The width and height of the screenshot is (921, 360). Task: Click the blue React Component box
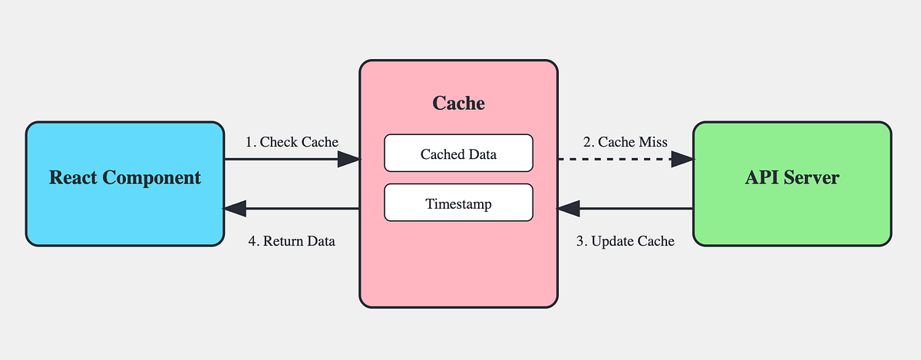(x=125, y=184)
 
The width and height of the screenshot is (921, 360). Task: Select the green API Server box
(x=792, y=184)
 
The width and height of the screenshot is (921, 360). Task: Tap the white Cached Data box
(x=458, y=154)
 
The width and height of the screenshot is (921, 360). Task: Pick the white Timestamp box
(x=458, y=203)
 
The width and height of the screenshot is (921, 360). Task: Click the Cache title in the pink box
(x=458, y=103)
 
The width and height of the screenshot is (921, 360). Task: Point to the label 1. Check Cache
(x=292, y=142)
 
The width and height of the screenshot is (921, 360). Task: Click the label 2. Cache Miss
(x=626, y=142)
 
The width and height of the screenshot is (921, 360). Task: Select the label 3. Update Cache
(x=626, y=241)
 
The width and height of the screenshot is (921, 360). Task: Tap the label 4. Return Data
(x=292, y=241)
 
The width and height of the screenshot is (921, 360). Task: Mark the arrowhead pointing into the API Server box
(x=682, y=159)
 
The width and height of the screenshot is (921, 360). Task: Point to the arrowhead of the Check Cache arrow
(x=349, y=159)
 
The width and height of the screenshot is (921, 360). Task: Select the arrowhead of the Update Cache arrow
(x=569, y=208)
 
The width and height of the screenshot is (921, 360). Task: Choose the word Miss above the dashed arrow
(x=652, y=142)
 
